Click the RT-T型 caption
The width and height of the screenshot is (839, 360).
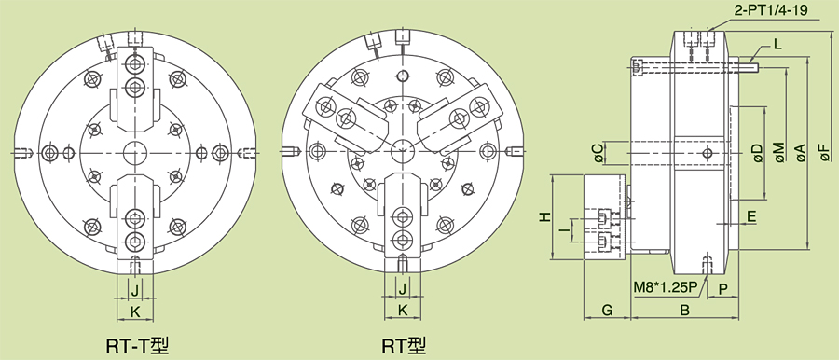pos(138,345)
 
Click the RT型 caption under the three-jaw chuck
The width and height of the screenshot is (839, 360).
pos(405,345)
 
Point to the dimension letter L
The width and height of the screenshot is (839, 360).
pos(778,44)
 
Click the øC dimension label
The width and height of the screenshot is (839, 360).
pos(598,153)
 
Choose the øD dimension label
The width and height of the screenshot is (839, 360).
pos(757,153)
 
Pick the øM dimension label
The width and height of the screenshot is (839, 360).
pos(778,152)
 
